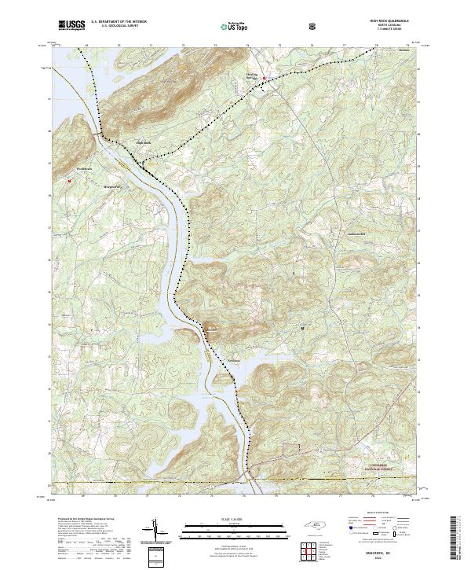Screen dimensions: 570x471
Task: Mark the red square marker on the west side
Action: (x=69, y=180)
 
